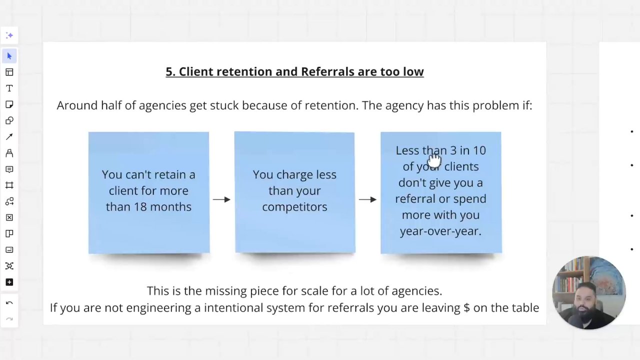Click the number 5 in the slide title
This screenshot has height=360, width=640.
click(169, 71)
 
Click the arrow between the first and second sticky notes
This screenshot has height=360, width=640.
click(221, 199)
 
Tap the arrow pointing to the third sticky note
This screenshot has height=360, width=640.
click(367, 199)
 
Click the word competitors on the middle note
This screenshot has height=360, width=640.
click(294, 207)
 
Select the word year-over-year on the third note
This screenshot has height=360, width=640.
click(440, 231)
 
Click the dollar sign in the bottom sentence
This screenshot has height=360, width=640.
click(466, 307)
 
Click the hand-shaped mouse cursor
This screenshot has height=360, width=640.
click(434, 161)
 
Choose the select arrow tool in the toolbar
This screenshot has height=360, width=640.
click(9, 56)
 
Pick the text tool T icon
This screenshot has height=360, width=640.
click(9, 88)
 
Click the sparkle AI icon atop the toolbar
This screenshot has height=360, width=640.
click(9, 35)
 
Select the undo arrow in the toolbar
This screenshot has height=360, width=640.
click(9, 303)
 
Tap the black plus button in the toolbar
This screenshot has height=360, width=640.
click(9, 282)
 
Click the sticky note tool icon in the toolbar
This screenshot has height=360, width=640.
click(9, 104)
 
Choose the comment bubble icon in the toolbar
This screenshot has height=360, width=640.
click(9, 169)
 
